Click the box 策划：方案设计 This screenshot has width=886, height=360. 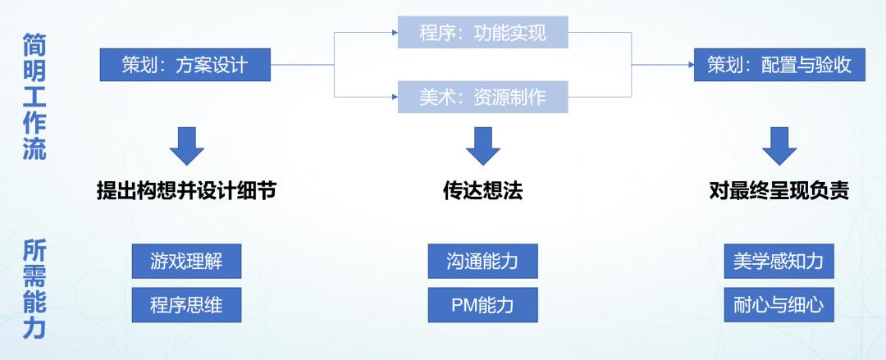(185, 65)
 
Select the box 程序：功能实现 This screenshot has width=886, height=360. (482, 33)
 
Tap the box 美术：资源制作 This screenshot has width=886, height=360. (482, 98)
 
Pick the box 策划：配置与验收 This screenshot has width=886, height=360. (779, 65)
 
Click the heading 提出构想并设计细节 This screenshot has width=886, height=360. (185, 191)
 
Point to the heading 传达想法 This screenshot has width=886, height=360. (482, 191)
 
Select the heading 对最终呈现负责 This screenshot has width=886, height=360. (779, 191)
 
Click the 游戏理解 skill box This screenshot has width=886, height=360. (185, 262)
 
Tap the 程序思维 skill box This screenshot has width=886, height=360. (185, 305)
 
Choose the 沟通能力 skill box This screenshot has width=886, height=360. (482, 262)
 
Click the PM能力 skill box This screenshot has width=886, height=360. (482, 305)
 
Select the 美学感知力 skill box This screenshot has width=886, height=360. (779, 262)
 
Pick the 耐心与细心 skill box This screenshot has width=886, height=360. (779, 305)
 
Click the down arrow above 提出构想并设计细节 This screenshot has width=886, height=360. (186, 147)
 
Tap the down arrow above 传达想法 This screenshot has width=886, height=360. (482, 147)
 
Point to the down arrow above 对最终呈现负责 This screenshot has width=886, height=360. (779, 147)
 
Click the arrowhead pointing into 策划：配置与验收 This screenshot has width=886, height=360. (688, 65)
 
